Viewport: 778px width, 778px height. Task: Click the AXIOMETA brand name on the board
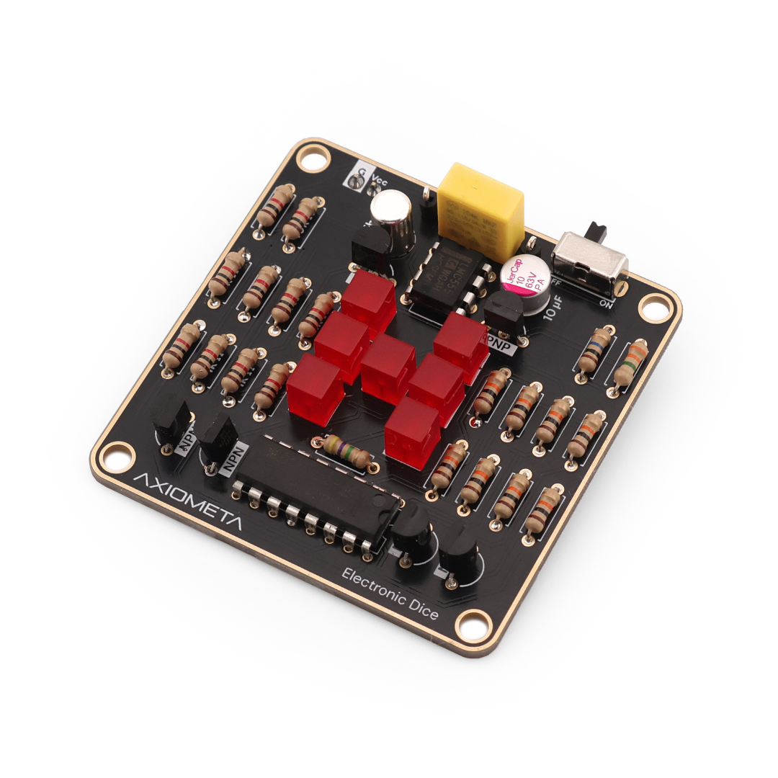pos(189,503)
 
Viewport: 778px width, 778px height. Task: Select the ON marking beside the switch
pos(607,303)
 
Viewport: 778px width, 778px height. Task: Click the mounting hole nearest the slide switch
pos(654,308)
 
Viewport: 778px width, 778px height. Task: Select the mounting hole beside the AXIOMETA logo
pos(115,456)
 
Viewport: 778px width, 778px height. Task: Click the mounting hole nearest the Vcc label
pos(314,158)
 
